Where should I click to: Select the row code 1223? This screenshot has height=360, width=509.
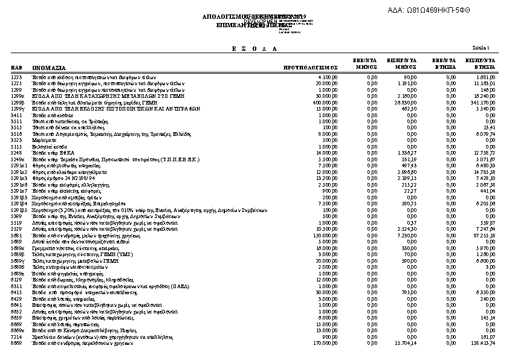[16, 78]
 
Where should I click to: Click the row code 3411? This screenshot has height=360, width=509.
[16, 115]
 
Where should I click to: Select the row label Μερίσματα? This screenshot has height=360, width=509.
[43, 140]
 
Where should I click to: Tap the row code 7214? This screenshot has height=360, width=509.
[16, 337]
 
